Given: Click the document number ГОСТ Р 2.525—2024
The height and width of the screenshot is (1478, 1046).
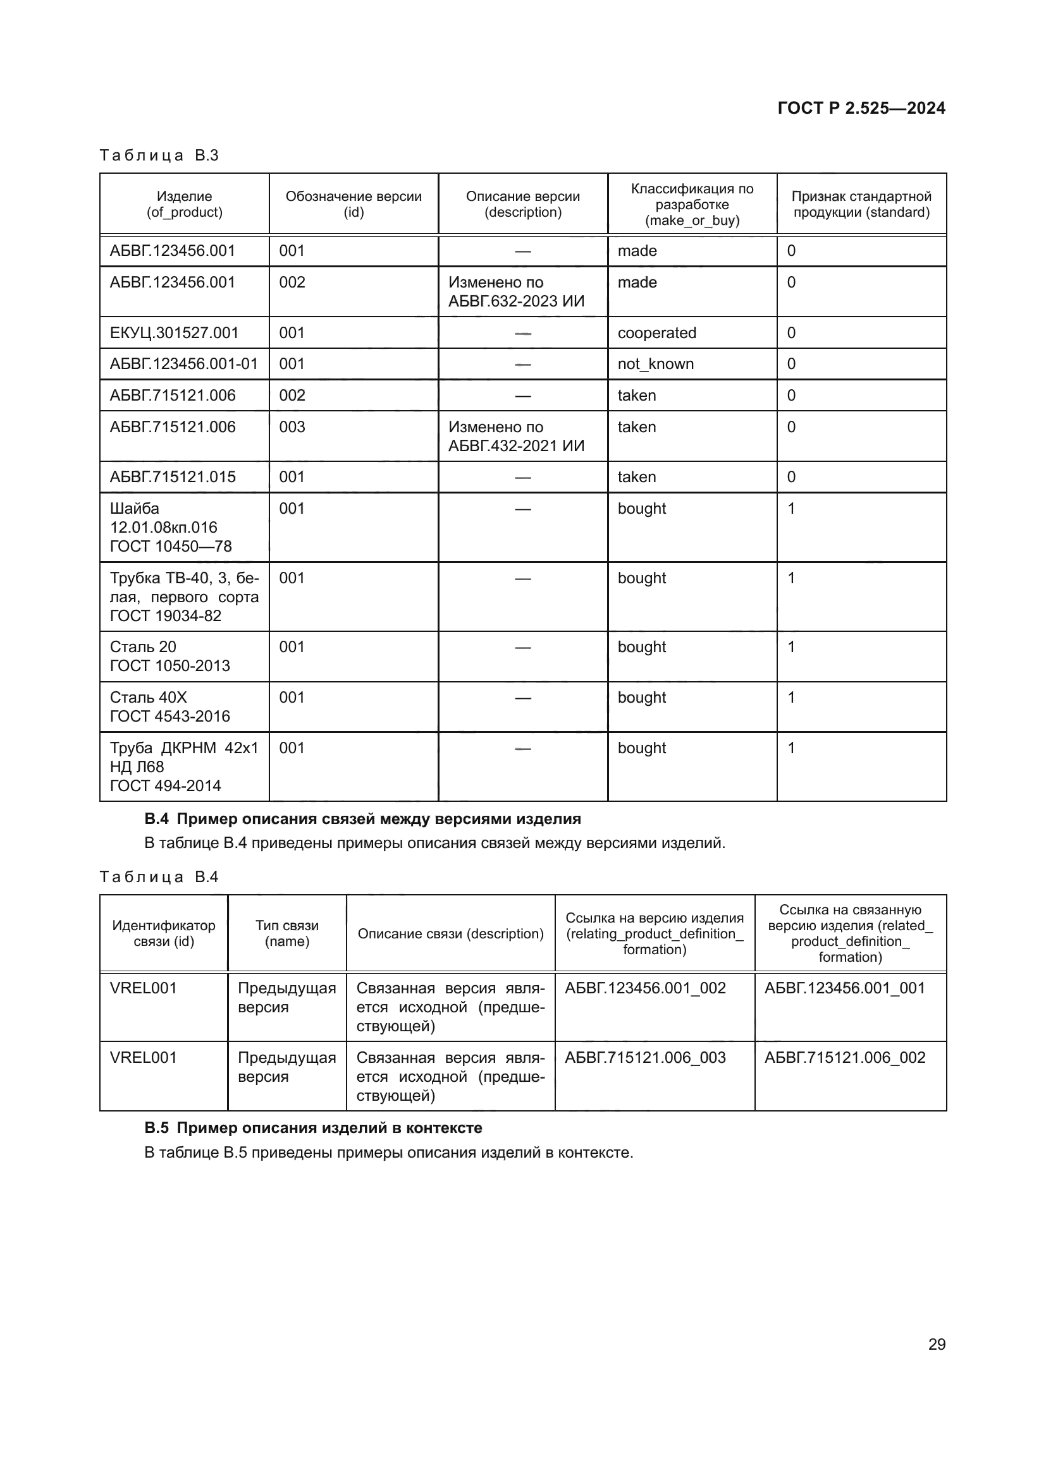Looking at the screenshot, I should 861,108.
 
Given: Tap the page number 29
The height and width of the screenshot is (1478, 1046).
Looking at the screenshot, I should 937,1344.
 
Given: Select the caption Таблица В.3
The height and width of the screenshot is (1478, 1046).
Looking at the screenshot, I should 159,156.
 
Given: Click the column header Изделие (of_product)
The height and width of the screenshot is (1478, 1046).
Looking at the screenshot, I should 184,204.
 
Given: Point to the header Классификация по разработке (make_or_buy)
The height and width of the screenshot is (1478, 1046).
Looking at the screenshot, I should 692,204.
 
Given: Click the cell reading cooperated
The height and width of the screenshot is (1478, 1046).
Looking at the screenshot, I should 656,333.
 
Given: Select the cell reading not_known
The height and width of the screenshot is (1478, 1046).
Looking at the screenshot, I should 655,364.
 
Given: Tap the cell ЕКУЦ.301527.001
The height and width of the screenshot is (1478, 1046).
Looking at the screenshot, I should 174,333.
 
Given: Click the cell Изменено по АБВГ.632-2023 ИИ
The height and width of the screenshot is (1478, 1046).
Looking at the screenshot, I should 516,291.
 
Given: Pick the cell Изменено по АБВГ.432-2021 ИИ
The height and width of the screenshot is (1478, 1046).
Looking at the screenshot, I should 516,437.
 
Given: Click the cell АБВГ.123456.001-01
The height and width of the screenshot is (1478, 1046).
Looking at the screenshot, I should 183,364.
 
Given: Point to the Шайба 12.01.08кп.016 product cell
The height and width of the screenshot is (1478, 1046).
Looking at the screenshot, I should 171,527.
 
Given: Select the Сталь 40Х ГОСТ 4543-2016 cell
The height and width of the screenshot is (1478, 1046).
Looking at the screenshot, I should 169,707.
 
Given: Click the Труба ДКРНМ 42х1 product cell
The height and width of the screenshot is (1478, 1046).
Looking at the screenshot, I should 183,766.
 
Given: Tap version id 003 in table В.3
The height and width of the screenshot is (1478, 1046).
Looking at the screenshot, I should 292,427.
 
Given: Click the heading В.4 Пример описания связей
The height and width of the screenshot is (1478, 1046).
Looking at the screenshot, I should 362,819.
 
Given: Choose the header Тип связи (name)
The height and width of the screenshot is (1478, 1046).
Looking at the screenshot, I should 286,933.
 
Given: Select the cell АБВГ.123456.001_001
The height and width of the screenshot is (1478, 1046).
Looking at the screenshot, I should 844,988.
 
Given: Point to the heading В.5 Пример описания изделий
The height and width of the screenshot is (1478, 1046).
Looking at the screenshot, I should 313,1128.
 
